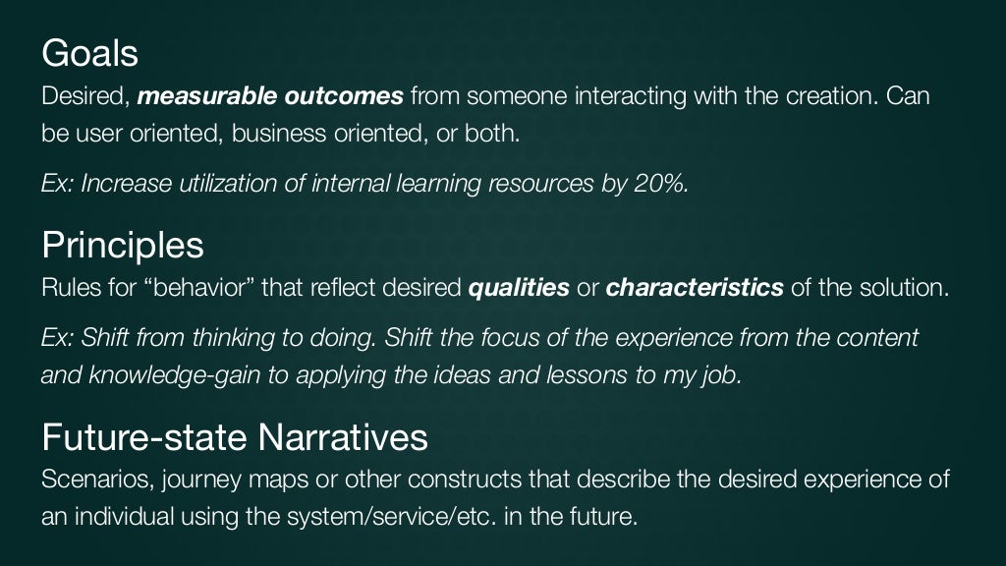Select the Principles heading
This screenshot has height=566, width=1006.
pyautogui.click(x=123, y=245)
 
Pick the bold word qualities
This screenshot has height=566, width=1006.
pyautogui.click(x=518, y=289)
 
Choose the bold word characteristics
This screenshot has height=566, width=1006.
pyautogui.click(x=695, y=289)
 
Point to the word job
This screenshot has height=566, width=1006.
pyautogui.click(x=721, y=375)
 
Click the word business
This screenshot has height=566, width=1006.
pyautogui.click(x=271, y=133)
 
